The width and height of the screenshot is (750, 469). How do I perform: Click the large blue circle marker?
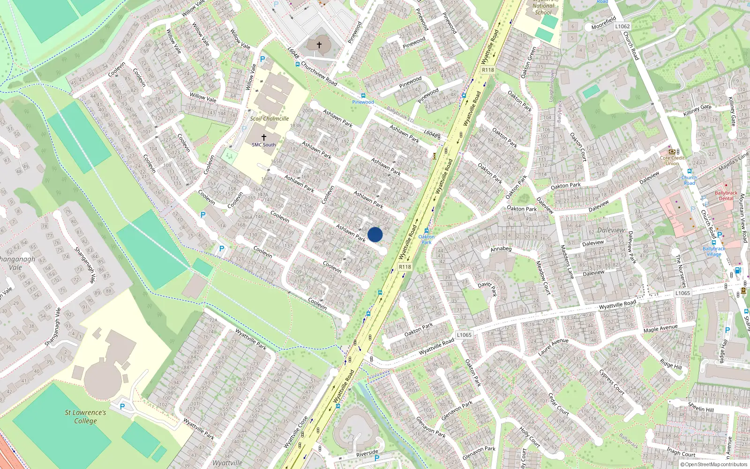pos(375,234)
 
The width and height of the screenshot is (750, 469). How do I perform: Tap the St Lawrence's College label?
pos(85,416)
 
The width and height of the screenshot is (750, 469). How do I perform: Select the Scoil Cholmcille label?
pos(269,119)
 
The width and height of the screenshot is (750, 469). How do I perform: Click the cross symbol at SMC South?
pos(263,137)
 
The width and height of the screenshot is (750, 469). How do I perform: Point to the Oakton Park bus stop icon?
pos(426,230)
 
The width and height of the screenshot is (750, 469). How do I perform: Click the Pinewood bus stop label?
pos(363,102)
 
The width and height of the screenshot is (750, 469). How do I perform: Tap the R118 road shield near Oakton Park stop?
pos(405,267)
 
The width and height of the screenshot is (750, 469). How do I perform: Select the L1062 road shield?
pos(622,26)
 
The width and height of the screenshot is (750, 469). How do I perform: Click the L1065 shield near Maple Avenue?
pos(682,293)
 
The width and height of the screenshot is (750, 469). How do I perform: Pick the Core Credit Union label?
pos(672,160)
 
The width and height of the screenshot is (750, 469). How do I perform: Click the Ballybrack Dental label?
pos(726,196)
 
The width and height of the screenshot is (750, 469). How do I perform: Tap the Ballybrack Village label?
pos(714,251)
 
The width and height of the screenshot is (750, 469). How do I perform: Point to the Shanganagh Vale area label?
pos(16,263)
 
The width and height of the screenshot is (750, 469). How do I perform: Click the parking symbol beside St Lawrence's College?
pos(123,407)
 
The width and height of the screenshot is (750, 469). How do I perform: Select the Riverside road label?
pos(367,453)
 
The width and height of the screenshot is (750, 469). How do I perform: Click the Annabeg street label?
pos(501,249)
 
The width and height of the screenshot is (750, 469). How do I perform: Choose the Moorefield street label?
pos(603,23)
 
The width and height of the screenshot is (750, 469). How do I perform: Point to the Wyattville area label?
pos(227,463)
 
